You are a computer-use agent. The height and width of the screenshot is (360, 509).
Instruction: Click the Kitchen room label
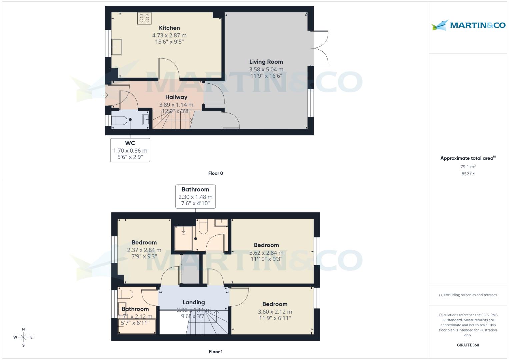coord(169,28)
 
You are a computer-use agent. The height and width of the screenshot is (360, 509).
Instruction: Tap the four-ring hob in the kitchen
coord(144,18)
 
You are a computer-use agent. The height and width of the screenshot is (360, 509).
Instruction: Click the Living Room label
coord(266,62)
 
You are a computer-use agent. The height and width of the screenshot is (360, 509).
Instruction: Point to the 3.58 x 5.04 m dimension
coord(266,69)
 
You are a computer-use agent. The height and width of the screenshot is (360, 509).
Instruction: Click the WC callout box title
coord(130,143)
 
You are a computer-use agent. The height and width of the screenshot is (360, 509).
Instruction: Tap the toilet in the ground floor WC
coord(118,121)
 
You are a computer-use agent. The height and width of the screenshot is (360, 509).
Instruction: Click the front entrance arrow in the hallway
coord(106,95)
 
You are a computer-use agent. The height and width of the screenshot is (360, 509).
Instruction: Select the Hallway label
coord(176,97)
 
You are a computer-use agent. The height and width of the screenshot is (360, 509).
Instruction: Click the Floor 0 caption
coord(215,173)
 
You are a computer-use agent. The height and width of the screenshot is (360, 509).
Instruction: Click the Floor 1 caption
coord(215,352)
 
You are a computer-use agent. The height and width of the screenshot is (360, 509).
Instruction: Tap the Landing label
coord(194,302)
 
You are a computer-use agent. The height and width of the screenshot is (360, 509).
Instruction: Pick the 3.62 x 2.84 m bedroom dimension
coord(266,253)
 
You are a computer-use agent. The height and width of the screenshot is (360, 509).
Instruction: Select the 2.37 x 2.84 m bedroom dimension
coord(144,250)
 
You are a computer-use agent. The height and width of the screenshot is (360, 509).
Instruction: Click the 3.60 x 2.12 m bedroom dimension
coord(275,312)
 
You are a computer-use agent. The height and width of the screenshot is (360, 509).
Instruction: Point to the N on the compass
coord(23,329)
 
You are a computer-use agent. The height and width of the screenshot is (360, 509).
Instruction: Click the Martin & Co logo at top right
coord(468,25)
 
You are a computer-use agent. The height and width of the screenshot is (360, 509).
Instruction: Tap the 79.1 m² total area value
coord(468,167)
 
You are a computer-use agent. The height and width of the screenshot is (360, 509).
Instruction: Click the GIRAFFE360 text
coord(468,345)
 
